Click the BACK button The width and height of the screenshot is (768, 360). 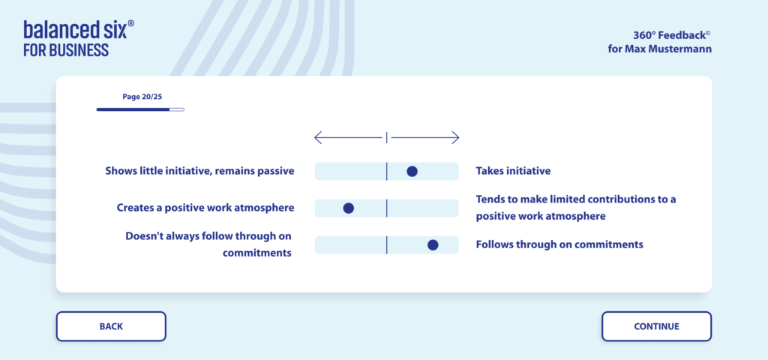[x=111, y=326]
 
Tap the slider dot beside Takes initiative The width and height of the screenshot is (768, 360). [x=412, y=172]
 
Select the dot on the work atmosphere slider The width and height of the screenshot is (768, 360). [x=348, y=208]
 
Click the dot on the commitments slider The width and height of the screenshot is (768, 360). [x=433, y=245]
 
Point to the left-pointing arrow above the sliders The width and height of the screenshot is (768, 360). [x=348, y=138]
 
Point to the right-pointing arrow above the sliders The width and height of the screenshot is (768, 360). [x=425, y=138]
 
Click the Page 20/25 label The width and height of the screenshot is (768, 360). [x=142, y=97]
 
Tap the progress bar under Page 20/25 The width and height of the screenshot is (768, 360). [x=140, y=109]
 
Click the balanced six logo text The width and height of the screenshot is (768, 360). [x=76, y=30]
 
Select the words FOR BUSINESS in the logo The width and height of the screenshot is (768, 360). [x=66, y=50]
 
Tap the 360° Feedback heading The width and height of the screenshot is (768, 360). [x=672, y=34]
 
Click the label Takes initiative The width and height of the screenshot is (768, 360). [x=513, y=171]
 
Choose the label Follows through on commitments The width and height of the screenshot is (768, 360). [x=559, y=244]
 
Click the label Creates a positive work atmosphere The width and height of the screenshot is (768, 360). [x=205, y=208]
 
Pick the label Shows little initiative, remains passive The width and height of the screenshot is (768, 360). [x=199, y=171]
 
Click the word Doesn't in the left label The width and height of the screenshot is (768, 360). [x=143, y=236]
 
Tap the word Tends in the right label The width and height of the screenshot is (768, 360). [x=490, y=199]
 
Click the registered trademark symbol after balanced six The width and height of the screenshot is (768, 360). [x=130, y=23]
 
